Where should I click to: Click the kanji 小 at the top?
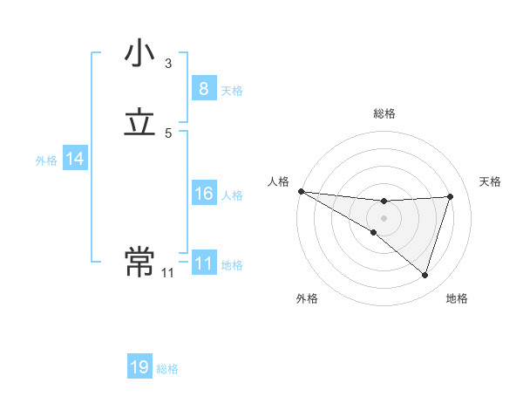pos(140,54)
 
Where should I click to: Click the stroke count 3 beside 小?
pos(168,63)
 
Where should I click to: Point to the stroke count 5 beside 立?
pos(168,133)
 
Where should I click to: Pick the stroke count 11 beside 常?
pos(167,272)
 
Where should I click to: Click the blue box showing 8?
pos(203,89)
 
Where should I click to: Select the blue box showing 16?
pos(203,194)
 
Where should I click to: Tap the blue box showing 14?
pos(75,159)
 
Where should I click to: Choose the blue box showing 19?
pos(139,367)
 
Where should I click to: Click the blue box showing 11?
pos(203,263)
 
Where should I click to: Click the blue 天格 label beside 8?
pos(232,90)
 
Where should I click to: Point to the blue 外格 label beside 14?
pos(46,161)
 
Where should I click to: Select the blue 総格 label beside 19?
pos(167,369)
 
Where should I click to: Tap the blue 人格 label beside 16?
pos(232,195)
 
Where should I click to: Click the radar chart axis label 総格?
pos(384,113)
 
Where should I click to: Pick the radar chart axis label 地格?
pos(457,298)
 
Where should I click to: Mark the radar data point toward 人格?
pos(301,191)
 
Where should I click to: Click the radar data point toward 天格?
pos(451,196)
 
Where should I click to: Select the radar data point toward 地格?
pos(425,276)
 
